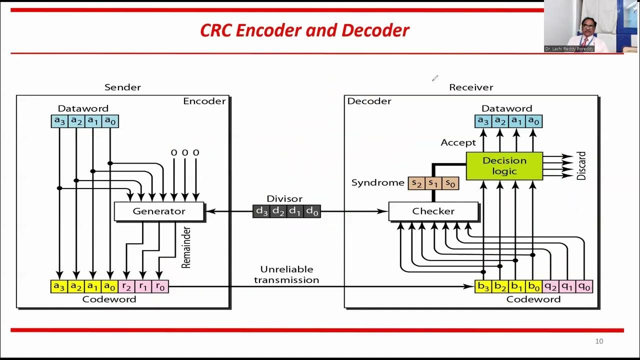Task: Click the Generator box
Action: coord(159,211)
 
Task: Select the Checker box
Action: coord(433,211)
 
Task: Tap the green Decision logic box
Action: coord(504,166)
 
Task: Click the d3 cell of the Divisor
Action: coord(262,211)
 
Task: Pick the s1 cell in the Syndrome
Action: coord(433,183)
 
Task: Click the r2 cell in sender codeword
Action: coord(127,286)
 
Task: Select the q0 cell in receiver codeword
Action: coord(584,286)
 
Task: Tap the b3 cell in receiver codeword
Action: coord(483,286)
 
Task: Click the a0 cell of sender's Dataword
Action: coord(109,121)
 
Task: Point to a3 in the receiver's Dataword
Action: coord(483,121)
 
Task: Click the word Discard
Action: coord(581,166)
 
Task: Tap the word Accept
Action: coord(458,143)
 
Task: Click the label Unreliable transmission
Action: coord(286,275)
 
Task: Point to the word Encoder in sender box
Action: coord(204,101)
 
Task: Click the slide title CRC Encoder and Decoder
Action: coord(304,30)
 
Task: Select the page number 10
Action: coord(599,341)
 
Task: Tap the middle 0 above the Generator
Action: coord(184,152)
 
